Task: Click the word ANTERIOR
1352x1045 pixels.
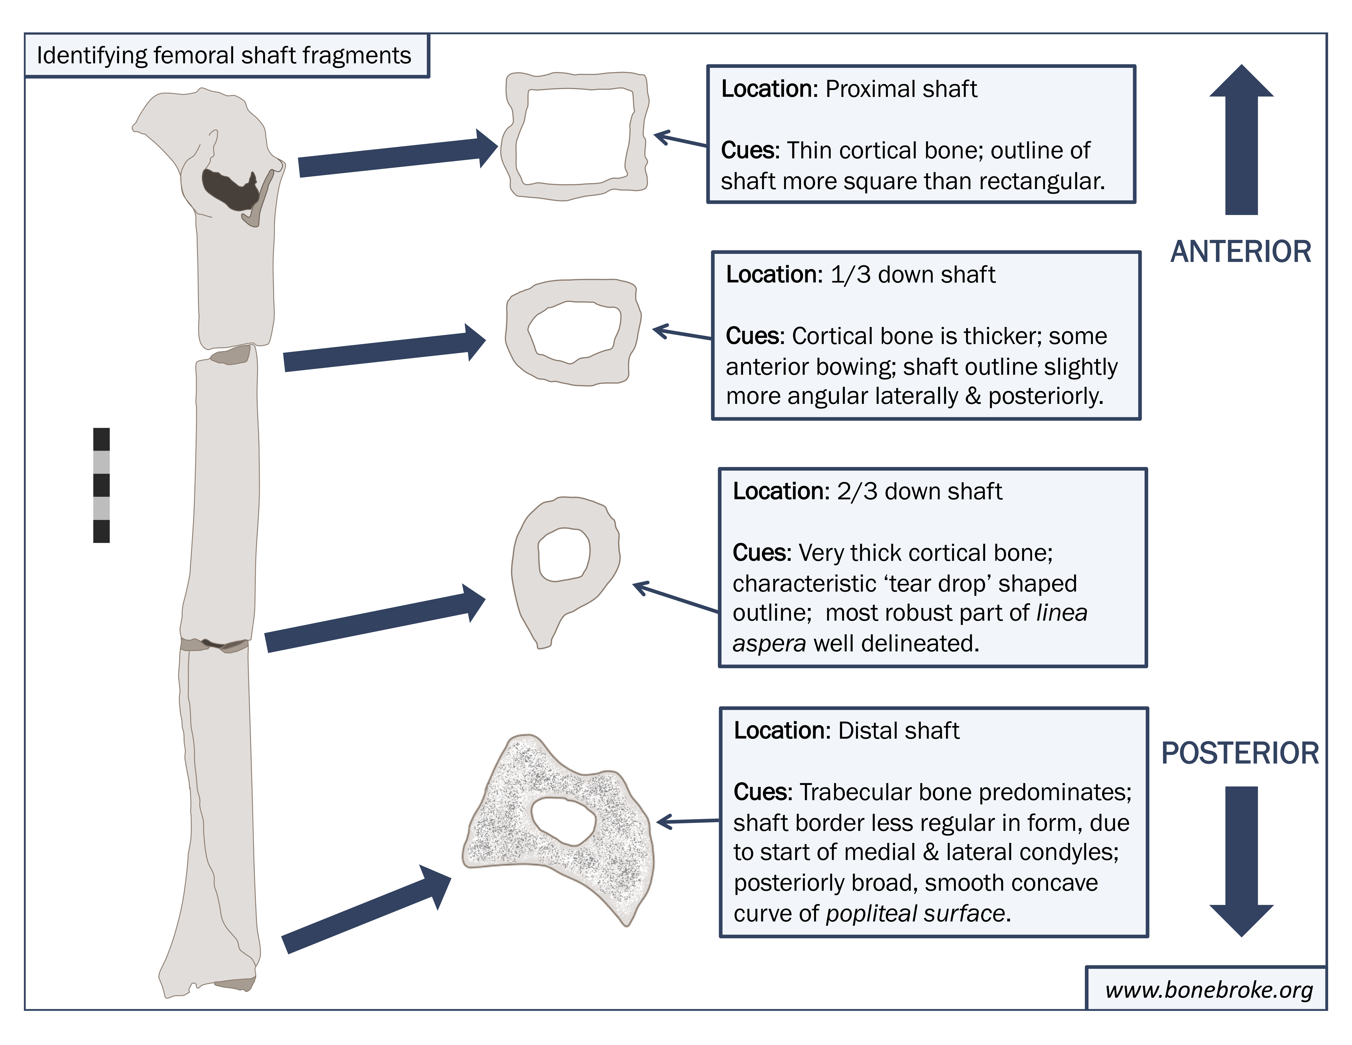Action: (x=1241, y=252)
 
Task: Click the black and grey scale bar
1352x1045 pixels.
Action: (x=102, y=485)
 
